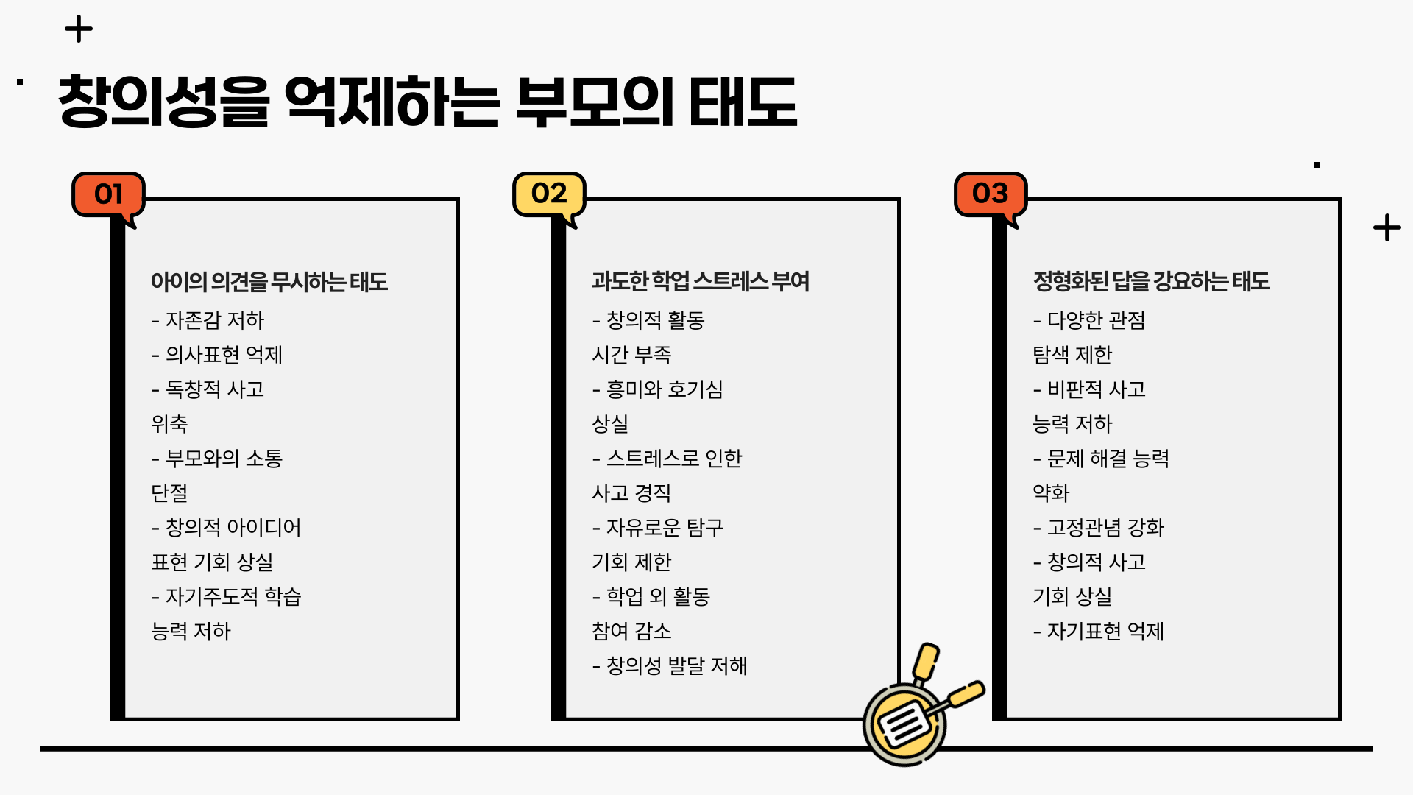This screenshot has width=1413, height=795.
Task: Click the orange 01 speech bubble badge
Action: [108, 194]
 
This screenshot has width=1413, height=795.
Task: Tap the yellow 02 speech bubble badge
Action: [549, 194]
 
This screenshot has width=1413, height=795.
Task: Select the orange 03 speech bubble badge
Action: [990, 194]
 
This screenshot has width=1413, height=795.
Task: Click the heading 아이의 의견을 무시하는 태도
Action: [269, 282]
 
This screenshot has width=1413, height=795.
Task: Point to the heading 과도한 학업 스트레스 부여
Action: [700, 281]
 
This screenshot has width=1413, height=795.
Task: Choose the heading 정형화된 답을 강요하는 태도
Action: [1151, 281]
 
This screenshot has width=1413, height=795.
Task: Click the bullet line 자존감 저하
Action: [208, 320]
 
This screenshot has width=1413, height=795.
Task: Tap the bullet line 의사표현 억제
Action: [217, 355]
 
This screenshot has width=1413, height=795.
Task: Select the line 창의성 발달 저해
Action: [670, 665]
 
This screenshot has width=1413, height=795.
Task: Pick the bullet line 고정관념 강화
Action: [1099, 527]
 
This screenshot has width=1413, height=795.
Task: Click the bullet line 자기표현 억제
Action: [1099, 631]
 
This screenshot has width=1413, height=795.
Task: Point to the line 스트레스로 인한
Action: [667, 459]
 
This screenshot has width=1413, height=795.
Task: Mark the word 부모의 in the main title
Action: [594, 102]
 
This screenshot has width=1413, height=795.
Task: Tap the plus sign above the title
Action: [79, 29]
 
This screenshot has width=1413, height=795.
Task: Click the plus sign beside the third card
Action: [1387, 227]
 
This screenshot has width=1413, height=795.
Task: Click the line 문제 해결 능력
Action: [1102, 459]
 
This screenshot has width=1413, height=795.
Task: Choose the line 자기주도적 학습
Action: [227, 596]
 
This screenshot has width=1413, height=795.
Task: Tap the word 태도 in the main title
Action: [743, 102]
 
